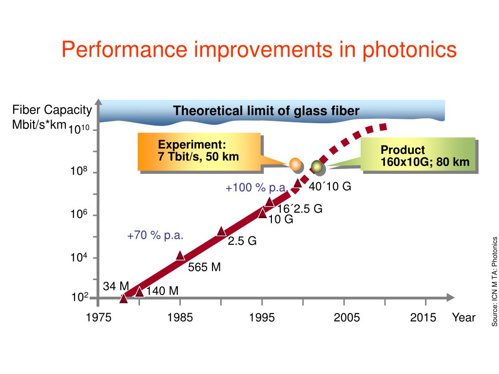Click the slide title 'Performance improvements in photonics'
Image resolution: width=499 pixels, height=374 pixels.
pyautogui.click(x=259, y=50)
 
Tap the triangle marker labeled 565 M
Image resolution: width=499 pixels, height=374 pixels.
pyautogui.click(x=180, y=256)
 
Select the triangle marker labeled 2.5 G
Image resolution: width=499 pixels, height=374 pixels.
pyautogui.click(x=221, y=231)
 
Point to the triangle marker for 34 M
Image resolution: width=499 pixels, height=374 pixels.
pyautogui.click(x=124, y=298)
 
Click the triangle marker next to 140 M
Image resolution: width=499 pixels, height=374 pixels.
pyautogui.click(x=139, y=292)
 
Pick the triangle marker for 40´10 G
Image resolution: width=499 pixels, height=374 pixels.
pyautogui.click(x=298, y=183)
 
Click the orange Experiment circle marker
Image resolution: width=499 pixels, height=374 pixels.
pyautogui.click(x=295, y=164)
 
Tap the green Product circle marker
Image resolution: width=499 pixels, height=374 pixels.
pyautogui.click(x=317, y=167)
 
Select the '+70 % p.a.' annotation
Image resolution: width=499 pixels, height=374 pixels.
pyautogui.click(x=155, y=236)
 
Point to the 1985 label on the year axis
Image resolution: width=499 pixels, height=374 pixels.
pyautogui.click(x=180, y=318)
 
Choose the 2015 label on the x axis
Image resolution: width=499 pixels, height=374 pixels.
pyautogui.click(x=423, y=318)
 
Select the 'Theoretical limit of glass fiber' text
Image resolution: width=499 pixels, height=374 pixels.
pyautogui.click(x=267, y=111)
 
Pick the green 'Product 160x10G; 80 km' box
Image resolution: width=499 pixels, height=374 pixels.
pyautogui.click(x=418, y=156)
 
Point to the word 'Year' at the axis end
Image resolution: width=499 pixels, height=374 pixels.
pyautogui.click(x=463, y=318)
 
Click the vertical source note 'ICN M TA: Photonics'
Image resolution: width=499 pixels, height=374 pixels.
pyautogui.click(x=494, y=281)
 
